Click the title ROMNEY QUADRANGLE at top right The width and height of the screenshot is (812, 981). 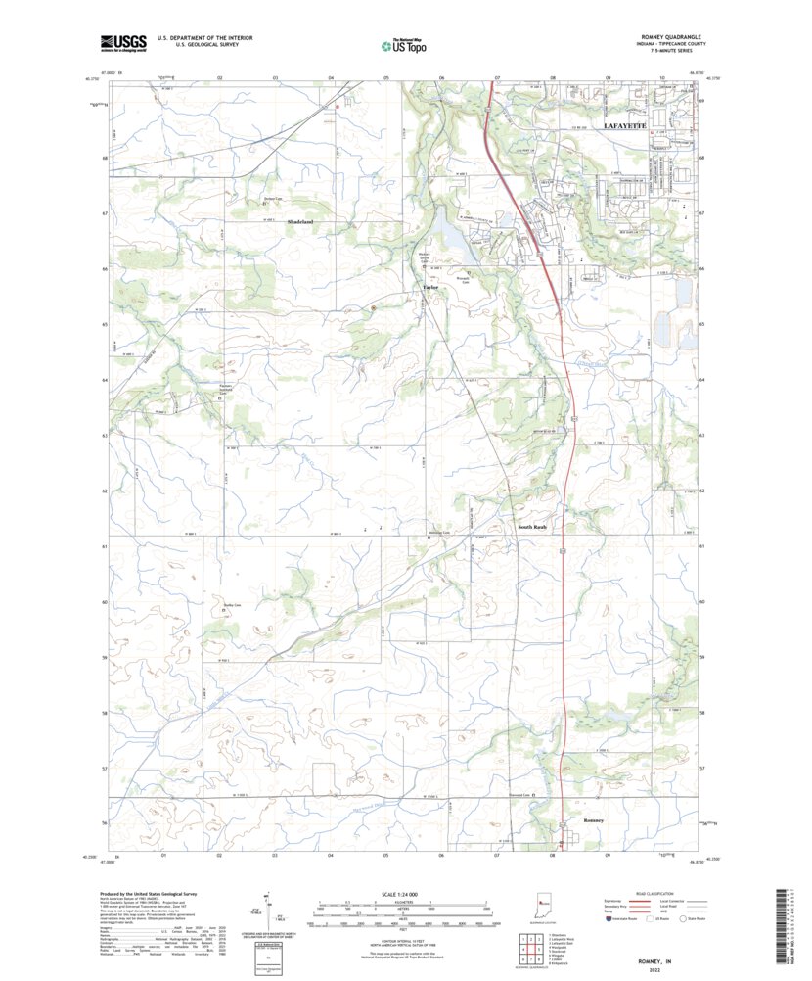(670, 36)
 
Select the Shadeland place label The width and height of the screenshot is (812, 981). (299, 222)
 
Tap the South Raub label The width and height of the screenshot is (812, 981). (532, 527)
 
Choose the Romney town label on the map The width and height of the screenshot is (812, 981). (594, 819)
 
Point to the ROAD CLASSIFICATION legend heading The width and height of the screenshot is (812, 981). (654, 895)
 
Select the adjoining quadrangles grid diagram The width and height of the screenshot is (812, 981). (528, 947)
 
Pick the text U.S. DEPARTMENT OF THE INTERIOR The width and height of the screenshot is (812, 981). (199, 37)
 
